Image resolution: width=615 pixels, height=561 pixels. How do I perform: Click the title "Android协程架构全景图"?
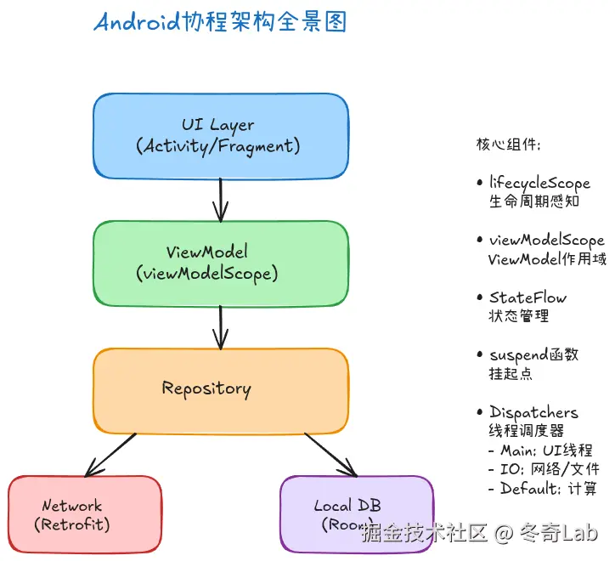coord(220,23)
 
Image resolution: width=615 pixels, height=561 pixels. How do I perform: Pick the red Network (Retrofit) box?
coord(84,514)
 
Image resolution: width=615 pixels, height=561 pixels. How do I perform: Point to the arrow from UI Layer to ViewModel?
coord(221,200)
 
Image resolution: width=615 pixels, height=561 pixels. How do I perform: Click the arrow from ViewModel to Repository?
coord(221,327)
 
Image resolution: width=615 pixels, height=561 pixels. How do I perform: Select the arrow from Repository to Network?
coord(110,455)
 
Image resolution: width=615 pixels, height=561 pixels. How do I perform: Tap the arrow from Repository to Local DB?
coord(331,456)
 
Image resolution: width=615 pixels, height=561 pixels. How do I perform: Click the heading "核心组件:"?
coord(508,144)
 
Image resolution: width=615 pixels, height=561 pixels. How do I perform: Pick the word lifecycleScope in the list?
coord(539,183)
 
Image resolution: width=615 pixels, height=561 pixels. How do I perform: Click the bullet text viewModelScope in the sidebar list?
coord(546,241)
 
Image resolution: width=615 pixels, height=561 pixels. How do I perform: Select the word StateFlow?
coord(528,297)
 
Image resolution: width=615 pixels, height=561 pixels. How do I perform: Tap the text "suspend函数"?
coord(533,354)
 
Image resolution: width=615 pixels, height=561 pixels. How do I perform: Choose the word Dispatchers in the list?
coord(533,413)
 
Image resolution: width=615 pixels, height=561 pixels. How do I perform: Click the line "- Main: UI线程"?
coord(540,450)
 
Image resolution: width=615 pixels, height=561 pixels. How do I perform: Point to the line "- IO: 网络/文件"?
coord(544,469)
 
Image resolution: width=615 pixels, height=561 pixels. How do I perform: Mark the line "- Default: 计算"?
coord(542,489)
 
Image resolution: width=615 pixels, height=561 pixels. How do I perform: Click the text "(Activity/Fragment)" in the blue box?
coord(218,146)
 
